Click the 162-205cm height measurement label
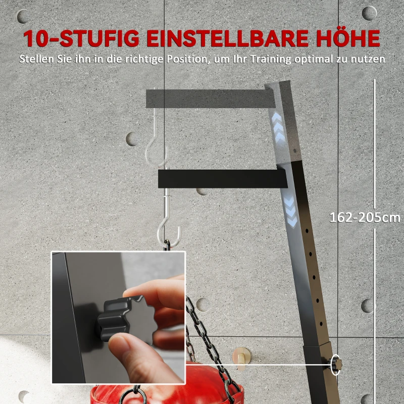365,218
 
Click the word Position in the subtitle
182,59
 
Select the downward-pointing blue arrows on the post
291,212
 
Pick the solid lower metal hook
169,227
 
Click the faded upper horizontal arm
207,98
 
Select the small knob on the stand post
335,365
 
